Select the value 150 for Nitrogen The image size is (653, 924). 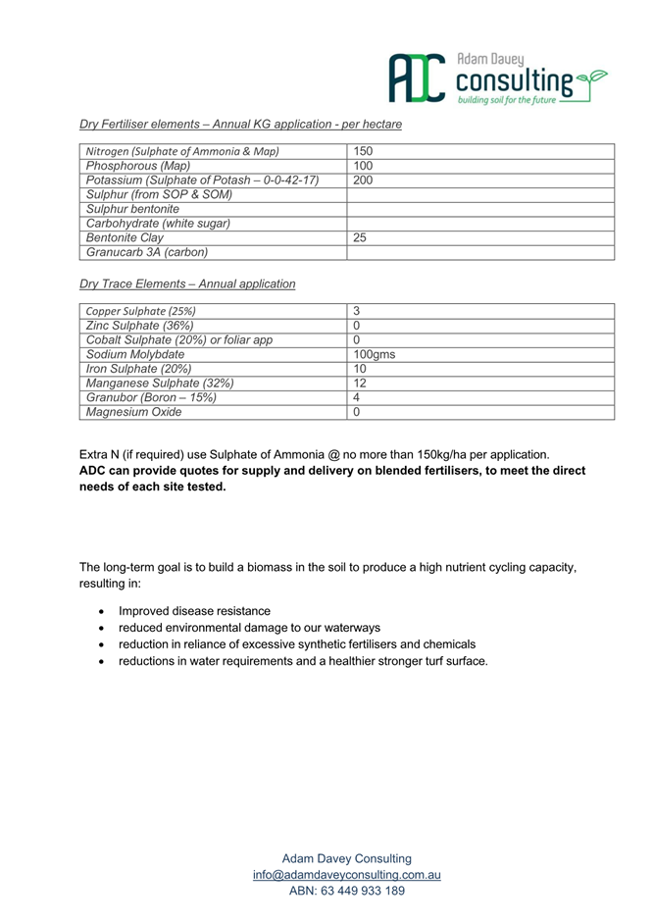click(363, 152)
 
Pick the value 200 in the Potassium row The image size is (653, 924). click(363, 181)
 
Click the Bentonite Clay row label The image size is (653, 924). click(125, 237)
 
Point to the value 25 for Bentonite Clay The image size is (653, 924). click(360, 237)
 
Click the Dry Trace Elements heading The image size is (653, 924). click(186, 283)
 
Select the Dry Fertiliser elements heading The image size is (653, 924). click(240, 125)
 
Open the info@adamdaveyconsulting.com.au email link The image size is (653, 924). click(346, 875)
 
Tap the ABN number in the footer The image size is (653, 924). click(346, 891)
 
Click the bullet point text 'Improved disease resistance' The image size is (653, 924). click(194, 611)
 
